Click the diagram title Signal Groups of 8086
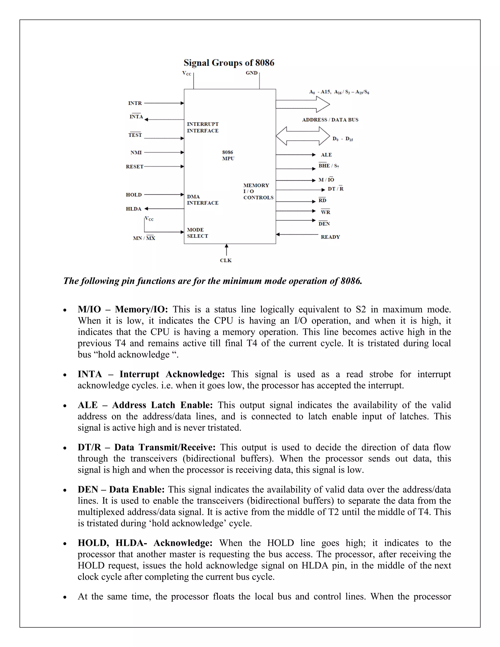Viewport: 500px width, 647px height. point(229,63)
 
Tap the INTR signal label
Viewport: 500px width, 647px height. point(135,103)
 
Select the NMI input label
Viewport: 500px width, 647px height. point(136,153)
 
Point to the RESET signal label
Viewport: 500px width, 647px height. point(135,167)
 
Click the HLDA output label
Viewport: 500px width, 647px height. point(134,209)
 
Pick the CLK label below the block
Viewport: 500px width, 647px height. point(226,261)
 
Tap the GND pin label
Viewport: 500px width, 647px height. point(251,73)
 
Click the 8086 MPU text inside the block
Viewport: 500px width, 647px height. point(228,155)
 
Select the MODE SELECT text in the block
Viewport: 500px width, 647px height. point(197,233)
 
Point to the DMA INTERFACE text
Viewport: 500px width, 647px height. point(203,200)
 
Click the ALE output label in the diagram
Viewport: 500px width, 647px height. point(326,155)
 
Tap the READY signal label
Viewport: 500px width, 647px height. point(330,237)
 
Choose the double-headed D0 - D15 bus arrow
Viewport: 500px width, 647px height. point(303,136)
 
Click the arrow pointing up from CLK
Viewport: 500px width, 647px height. point(227,250)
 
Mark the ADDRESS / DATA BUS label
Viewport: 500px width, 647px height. point(330,120)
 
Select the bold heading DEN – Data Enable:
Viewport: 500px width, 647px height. point(121,489)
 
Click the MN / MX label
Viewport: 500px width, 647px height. point(144,238)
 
